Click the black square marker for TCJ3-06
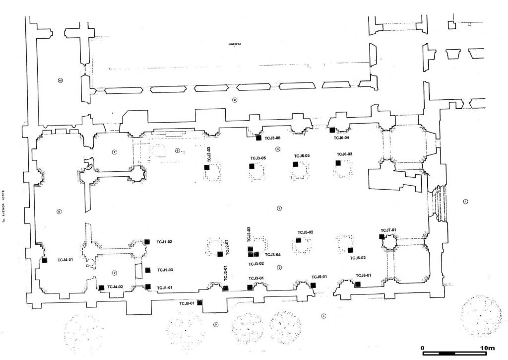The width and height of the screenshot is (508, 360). coord(258,138)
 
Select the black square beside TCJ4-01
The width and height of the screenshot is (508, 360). coord(45,260)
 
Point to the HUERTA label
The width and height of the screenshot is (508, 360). coord(234,44)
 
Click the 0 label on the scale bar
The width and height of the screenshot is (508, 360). coord(422,347)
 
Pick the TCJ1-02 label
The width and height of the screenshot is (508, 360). coord(164,242)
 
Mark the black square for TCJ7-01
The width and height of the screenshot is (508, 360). coord(381,236)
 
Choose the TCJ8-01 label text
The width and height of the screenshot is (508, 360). coord(187,303)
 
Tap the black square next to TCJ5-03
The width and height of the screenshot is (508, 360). coord(295,164)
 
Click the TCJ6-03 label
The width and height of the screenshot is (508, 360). coord(344,154)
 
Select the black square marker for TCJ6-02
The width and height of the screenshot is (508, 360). coord(350,250)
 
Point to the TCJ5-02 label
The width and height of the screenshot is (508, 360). coord(305,232)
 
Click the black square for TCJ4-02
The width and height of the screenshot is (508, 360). coord(102,287)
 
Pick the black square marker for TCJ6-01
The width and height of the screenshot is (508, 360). coord(358,284)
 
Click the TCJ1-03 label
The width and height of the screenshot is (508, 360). coord(165,270)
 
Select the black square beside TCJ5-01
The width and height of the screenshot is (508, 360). coord(313,285)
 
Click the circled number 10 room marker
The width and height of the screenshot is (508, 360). coord(61,80)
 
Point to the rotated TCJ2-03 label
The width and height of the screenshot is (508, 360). coord(209,154)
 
